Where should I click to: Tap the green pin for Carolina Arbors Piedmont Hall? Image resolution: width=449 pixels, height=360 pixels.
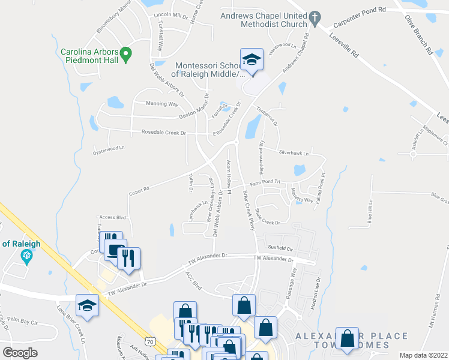[x=125, y=55]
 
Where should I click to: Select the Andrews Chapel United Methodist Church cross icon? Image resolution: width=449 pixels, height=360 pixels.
[x=314, y=19]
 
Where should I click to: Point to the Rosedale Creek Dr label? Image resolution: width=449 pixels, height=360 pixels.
[x=164, y=132]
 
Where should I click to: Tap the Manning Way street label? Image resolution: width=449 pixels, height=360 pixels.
[x=162, y=104]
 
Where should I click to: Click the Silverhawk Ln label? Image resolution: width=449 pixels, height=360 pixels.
[x=293, y=153]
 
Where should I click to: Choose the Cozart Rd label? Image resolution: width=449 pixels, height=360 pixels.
[x=139, y=191]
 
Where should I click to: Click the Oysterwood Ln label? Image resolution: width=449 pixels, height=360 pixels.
[x=109, y=148]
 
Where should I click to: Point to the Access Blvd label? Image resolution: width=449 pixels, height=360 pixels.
[x=112, y=218]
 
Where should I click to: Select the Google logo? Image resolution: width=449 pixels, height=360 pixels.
[x=20, y=353]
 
